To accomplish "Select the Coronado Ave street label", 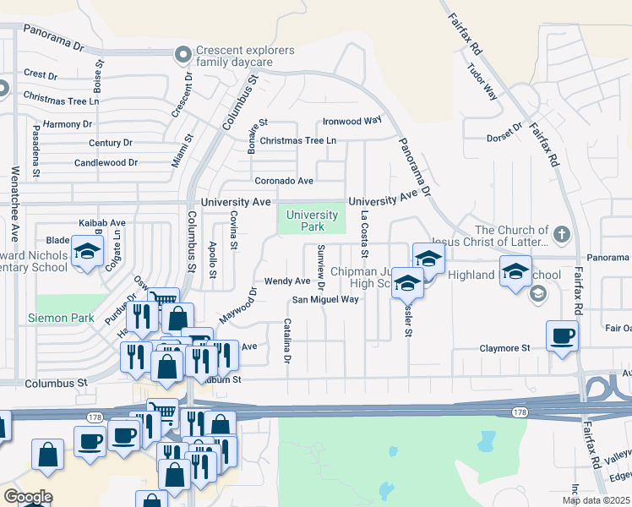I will pyautogui.click(x=285, y=181).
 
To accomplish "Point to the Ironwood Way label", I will pyautogui.click(x=352, y=121).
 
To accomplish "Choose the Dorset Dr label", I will pyautogui.click(x=506, y=139).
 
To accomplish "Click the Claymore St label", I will pyautogui.click(x=504, y=347).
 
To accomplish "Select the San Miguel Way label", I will pyautogui.click(x=325, y=299).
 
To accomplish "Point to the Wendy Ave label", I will pyautogui.click(x=287, y=281).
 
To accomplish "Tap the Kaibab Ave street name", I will pyautogui.click(x=101, y=223).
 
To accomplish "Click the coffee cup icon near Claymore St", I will pyautogui.click(x=563, y=336).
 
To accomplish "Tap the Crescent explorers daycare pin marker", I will pyautogui.click(x=182, y=56).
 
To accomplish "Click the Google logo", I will pyautogui.click(x=28, y=497).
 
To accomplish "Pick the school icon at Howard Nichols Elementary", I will pyautogui.click(x=86, y=253).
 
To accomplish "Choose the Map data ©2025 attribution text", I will pyautogui.click(x=596, y=500).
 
